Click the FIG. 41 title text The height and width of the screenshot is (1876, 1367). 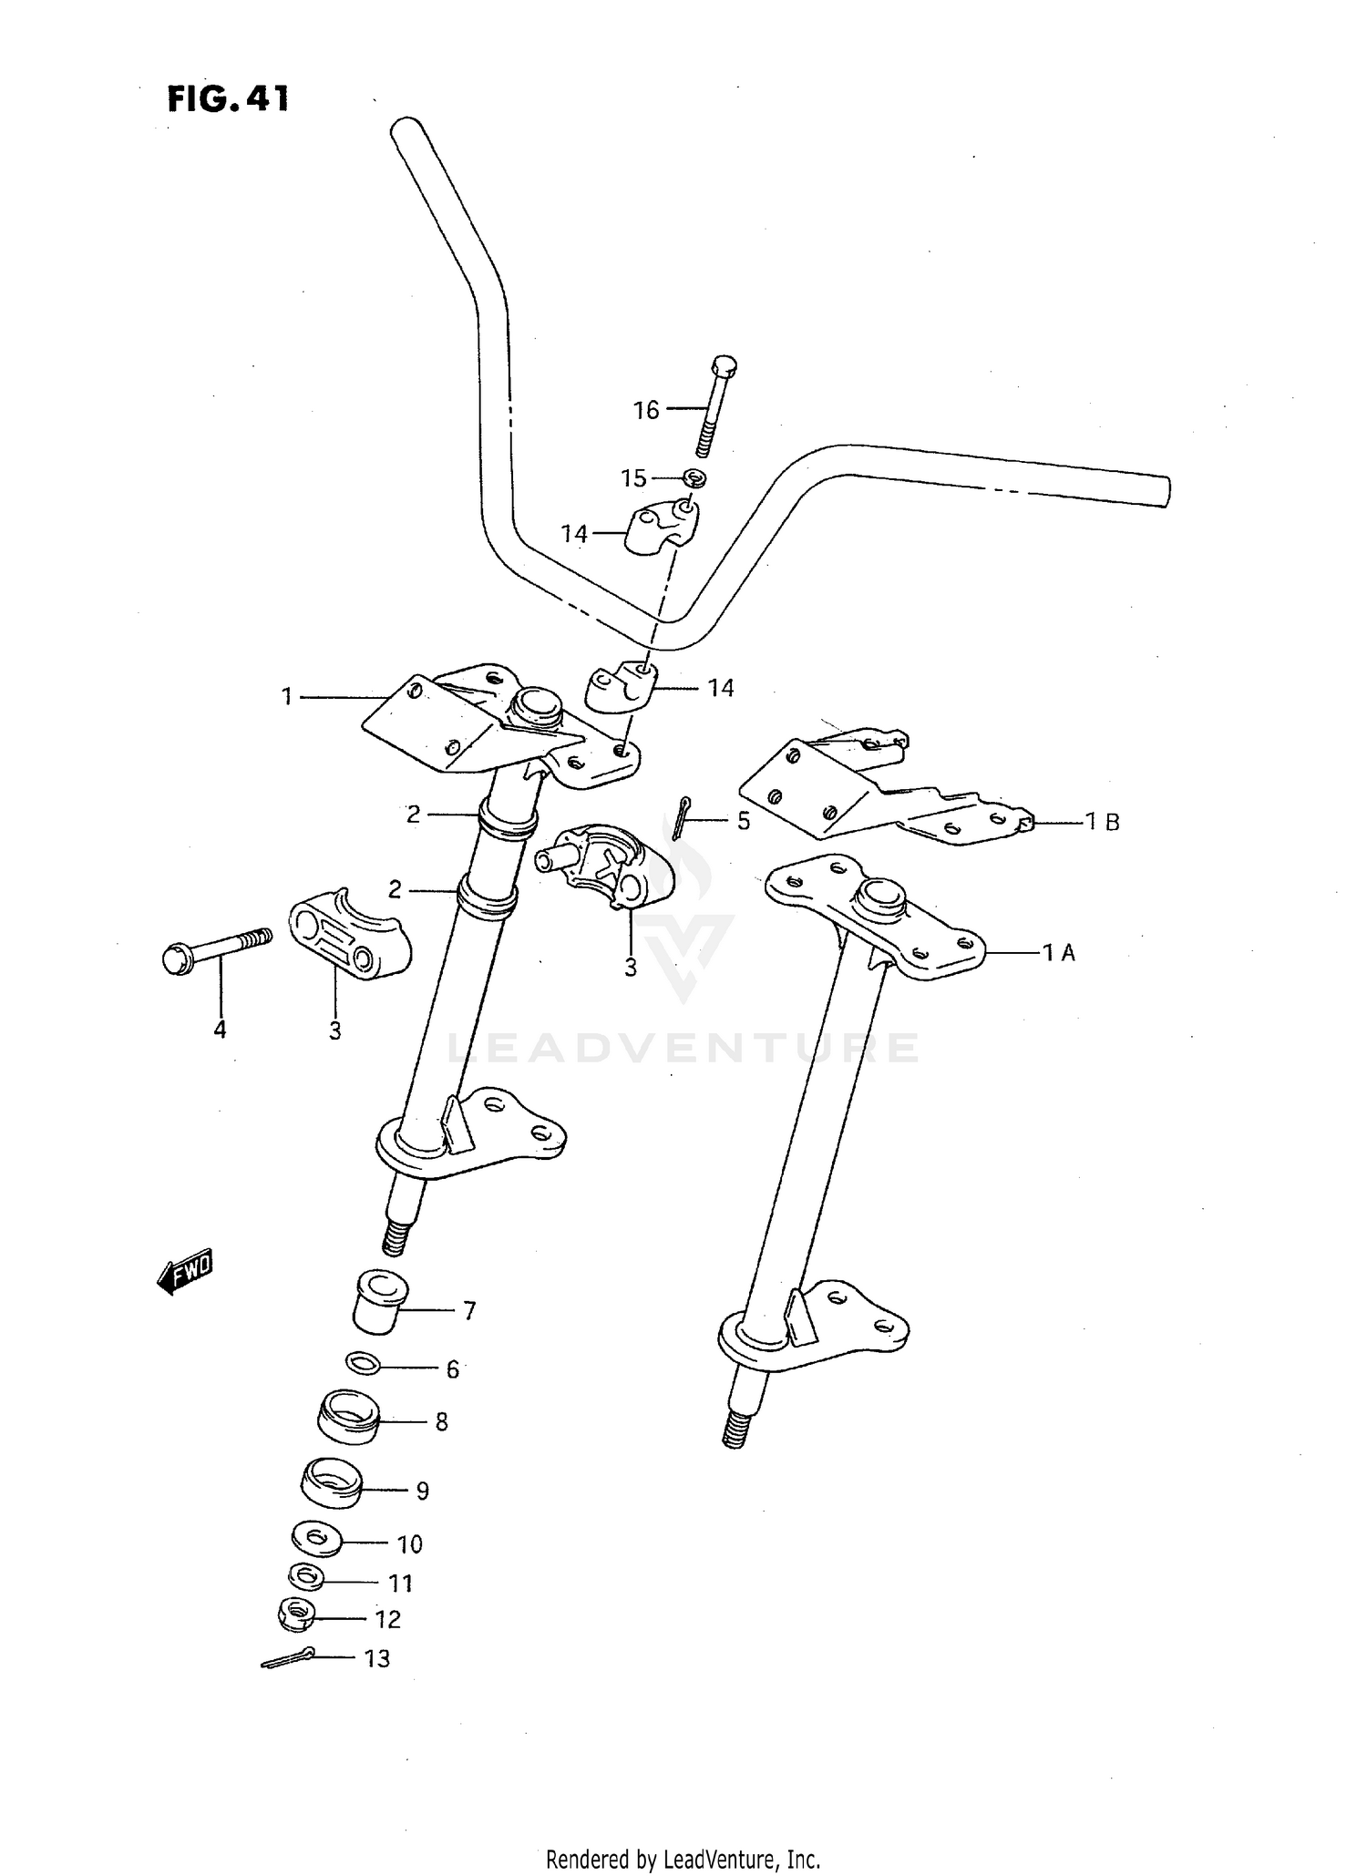(x=228, y=98)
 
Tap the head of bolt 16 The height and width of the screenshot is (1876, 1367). (x=722, y=365)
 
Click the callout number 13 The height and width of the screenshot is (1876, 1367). (x=376, y=1658)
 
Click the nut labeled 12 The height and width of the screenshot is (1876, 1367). (x=296, y=1615)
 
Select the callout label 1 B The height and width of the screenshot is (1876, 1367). (x=1102, y=822)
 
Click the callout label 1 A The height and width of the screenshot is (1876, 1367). (x=1059, y=953)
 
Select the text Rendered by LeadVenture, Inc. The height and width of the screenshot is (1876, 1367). (x=683, y=1859)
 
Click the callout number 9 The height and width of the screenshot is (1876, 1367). (x=422, y=1491)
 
